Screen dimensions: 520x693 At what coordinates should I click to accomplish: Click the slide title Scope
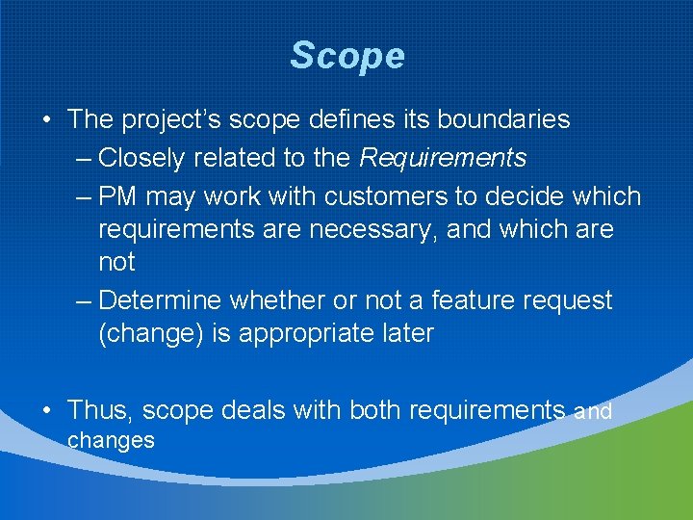pyautogui.click(x=346, y=56)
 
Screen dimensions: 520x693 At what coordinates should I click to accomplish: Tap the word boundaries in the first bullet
pyautogui.click(x=503, y=119)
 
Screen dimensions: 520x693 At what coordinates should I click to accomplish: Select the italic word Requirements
pyautogui.click(x=444, y=157)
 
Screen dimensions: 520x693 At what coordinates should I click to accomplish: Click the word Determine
pyautogui.click(x=159, y=300)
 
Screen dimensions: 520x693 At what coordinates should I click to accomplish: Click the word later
pyautogui.click(x=405, y=334)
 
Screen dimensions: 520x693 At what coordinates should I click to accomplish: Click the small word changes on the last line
pyautogui.click(x=111, y=441)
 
